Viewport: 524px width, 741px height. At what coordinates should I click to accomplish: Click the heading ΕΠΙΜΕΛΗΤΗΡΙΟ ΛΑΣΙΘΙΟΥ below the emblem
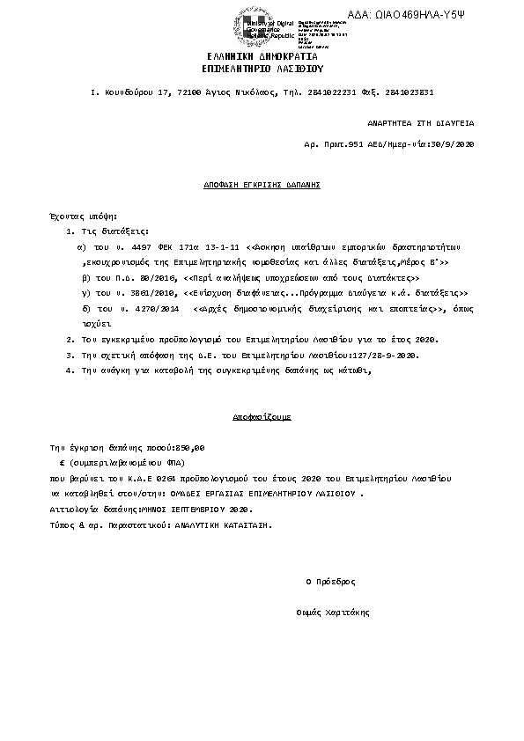[263, 67]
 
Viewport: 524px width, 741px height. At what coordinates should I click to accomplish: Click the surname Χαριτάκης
[348, 612]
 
